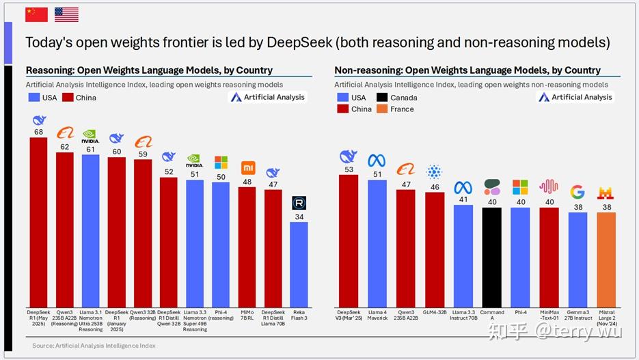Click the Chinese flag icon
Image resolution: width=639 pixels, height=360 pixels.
[36, 14]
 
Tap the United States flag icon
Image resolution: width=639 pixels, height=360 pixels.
[66, 14]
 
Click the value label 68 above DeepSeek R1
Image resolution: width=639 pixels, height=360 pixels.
[39, 131]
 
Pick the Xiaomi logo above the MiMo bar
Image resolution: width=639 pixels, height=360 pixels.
[247, 167]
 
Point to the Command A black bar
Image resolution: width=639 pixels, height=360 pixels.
[492, 257]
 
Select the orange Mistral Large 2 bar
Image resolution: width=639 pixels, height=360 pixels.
[606, 260]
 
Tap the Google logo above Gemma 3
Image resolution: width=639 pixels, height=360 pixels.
[577, 192]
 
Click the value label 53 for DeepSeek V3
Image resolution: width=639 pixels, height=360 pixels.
[349, 169]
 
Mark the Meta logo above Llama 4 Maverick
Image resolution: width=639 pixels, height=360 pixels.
[377, 161]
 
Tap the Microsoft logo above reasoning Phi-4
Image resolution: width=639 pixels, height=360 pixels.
[221, 163]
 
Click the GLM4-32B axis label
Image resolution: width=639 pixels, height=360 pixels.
[435, 312]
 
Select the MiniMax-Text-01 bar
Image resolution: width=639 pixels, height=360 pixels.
[549, 257]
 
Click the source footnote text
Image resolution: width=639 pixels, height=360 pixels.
[94, 346]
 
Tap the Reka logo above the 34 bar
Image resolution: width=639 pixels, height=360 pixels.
[299, 203]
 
